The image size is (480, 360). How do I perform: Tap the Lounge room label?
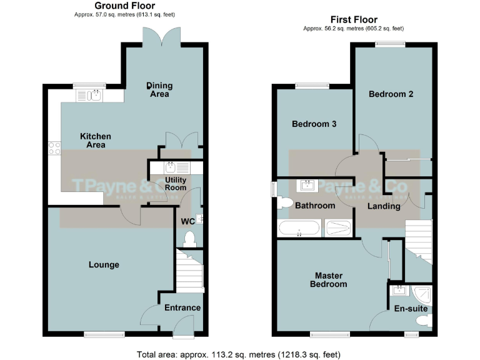(104, 264)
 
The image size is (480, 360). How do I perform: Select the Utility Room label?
(176, 183)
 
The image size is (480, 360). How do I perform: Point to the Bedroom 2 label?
(391, 94)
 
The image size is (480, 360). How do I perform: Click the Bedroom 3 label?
(314, 124)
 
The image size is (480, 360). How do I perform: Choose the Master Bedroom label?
(330, 279)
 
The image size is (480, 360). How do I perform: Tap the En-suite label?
(411, 309)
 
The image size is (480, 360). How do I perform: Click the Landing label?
(384, 206)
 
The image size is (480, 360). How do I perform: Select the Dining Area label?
(160, 89)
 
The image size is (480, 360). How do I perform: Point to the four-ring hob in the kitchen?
(54, 148)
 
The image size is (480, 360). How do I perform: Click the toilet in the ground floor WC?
(188, 238)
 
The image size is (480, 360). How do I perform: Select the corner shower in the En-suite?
(422, 292)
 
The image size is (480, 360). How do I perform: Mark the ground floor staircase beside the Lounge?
(189, 270)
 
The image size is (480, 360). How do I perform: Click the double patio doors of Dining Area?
(162, 38)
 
